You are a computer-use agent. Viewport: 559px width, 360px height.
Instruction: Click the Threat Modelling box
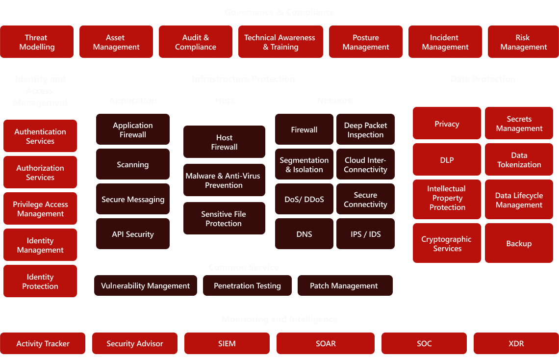(x=37, y=42)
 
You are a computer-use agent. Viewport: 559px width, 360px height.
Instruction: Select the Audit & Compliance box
(x=196, y=42)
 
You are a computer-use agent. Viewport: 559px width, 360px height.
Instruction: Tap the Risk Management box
(x=523, y=42)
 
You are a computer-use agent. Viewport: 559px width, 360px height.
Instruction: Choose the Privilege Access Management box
(x=40, y=209)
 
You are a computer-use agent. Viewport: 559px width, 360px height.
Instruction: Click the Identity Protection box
(x=40, y=282)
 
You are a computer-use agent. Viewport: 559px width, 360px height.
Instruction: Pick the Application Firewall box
(x=133, y=130)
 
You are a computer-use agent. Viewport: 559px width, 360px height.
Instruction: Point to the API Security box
(x=133, y=234)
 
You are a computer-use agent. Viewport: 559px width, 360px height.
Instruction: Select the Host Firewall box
(x=224, y=142)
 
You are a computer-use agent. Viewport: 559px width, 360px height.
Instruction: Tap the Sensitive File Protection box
(x=224, y=219)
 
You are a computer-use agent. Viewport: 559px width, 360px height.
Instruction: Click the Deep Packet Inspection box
(x=365, y=130)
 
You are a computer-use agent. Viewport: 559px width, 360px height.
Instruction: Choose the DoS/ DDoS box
(x=304, y=200)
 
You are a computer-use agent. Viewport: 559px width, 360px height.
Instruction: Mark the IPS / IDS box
(x=365, y=234)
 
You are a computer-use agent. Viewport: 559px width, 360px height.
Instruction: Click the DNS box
(x=304, y=234)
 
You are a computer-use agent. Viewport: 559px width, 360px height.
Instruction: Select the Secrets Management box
(x=519, y=124)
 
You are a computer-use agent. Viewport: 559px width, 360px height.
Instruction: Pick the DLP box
(x=447, y=160)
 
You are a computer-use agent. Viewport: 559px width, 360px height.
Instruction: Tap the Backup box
(x=519, y=244)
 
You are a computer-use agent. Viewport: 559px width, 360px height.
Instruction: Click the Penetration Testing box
(x=247, y=286)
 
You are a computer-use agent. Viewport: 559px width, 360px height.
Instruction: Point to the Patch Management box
(x=345, y=286)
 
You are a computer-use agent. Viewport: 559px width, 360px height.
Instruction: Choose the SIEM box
(x=227, y=344)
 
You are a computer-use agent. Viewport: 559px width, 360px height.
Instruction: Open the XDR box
(x=516, y=344)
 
